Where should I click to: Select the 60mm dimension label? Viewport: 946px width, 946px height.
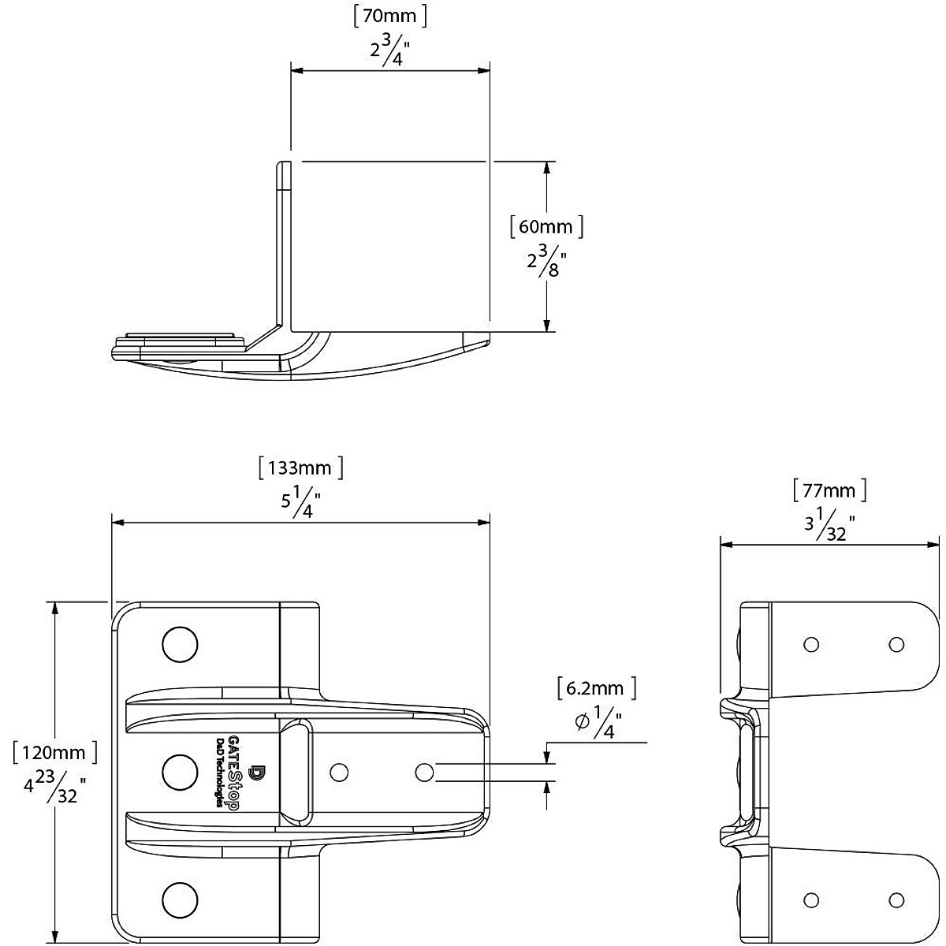click(x=546, y=227)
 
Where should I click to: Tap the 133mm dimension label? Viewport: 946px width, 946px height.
click(x=300, y=468)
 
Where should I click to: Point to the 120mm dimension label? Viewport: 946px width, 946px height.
click(x=54, y=751)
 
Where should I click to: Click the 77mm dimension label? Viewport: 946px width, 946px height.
click(x=829, y=491)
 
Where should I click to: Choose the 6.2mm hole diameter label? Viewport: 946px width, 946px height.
click(x=595, y=688)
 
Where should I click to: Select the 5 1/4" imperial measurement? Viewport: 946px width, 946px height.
click(x=300, y=502)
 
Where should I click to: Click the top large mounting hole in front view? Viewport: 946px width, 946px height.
click(x=180, y=644)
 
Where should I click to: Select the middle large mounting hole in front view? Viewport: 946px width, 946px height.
click(x=180, y=769)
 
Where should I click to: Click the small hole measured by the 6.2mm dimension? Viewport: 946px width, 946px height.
click(x=423, y=771)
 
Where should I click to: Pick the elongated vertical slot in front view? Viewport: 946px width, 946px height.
click(x=296, y=771)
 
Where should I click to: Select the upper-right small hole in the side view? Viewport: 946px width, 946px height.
click(x=896, y=645)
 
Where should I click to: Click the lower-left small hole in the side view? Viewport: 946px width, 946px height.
click(x=810, y=899)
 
